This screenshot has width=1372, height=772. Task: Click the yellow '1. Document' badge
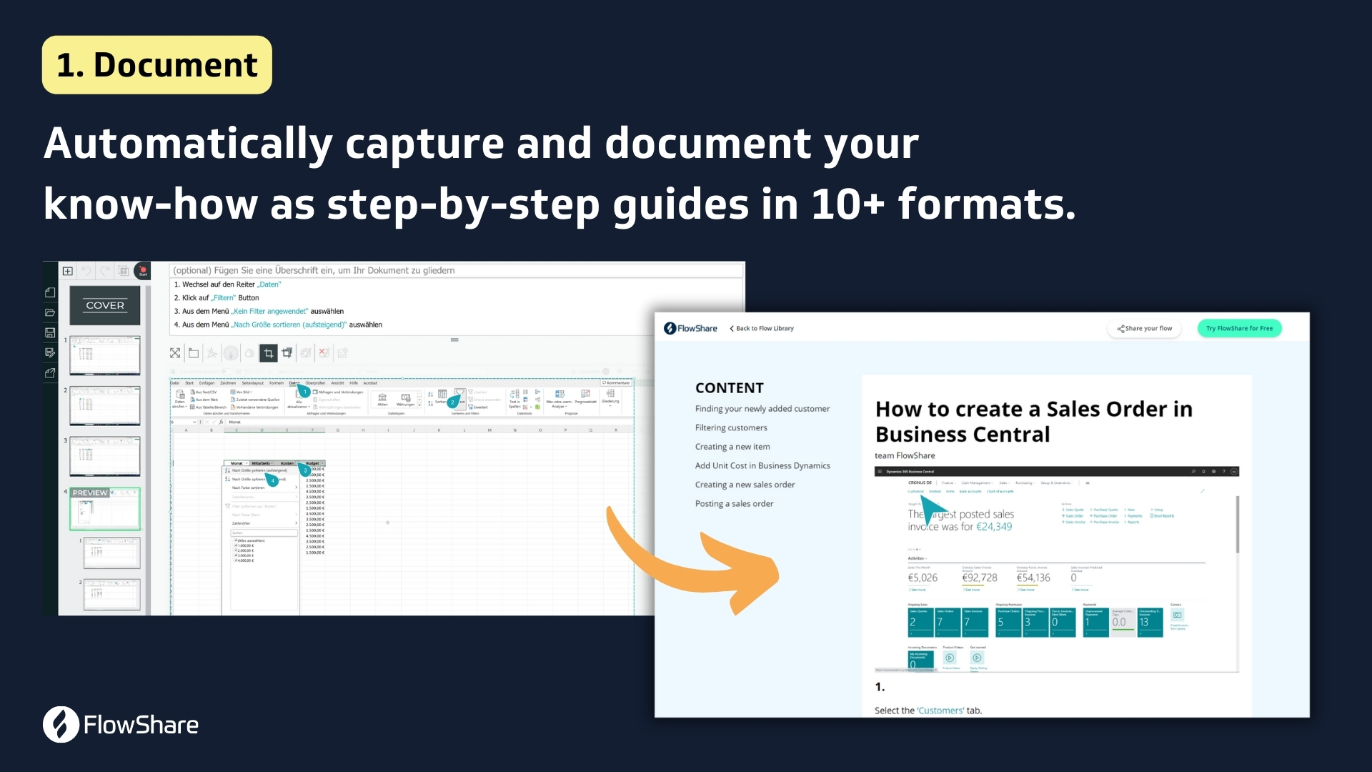156,65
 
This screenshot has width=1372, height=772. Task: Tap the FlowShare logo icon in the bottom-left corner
61,724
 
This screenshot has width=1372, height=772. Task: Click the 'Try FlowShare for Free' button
1239,328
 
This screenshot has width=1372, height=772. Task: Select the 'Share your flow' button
1145,328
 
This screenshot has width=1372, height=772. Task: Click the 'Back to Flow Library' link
762,328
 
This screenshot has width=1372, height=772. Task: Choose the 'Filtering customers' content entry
731,427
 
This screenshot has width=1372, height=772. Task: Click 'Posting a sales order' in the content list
734,503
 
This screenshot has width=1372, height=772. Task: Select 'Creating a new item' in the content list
732,447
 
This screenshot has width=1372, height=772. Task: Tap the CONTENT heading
729,387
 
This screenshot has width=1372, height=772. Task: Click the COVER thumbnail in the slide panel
105,305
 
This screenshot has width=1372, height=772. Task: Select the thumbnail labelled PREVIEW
105,509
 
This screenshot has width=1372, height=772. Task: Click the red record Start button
143,271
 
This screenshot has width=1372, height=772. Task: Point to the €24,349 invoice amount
994,527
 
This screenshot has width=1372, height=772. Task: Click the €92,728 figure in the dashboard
979,578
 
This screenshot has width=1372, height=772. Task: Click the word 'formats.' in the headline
986,204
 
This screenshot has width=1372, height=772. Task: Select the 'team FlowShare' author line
905,455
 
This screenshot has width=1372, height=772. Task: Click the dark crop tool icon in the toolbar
269,352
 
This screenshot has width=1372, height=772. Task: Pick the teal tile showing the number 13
1150,622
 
